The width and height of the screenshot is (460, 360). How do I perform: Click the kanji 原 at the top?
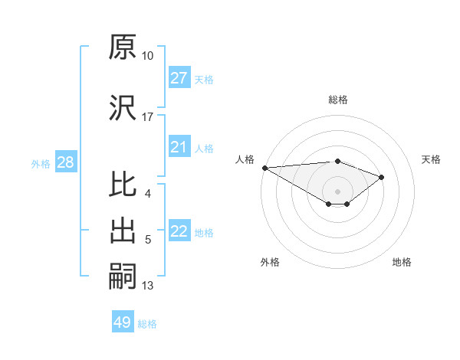pyautogui.click(x=123, y=47)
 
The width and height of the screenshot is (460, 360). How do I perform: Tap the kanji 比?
pyautogui.click(x=123, y=185)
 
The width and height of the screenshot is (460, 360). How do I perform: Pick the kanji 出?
pyautogui.click(x=123, y=231)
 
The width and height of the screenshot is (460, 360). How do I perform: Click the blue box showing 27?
pyautogui.click(x=179, y=78)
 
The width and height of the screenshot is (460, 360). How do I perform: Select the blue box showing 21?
pyautogui.click(x=179, y=147)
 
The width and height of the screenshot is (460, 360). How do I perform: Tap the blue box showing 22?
pyautogui.click(x=179, y=231)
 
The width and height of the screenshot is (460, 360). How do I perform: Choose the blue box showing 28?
pyautogui.click(x=65, y=162)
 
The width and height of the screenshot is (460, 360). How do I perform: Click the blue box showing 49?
pyautogui.click(x=123, y=322)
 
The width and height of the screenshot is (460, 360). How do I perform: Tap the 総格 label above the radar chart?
pyautogui.click(x=337, y=100)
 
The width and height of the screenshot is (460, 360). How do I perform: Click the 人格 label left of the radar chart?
pyautogui.click(x=246, y=159)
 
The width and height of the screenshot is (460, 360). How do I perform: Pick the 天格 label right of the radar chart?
pyautogui.click(x=432, y=159)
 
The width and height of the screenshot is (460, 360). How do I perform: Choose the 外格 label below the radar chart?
pyautogui.click(x=270, y=262)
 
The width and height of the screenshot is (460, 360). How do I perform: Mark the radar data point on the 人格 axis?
pyautogui.click(x=264, y=168)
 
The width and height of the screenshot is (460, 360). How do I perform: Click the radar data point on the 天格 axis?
pyautogui.click(x=381, y=177)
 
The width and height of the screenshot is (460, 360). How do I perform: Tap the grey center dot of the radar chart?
pyautogui.click(x=337, y=190)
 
